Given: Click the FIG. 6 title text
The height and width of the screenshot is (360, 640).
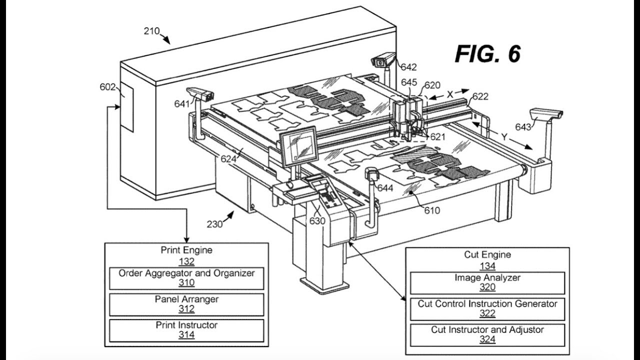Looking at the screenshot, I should [487, 53].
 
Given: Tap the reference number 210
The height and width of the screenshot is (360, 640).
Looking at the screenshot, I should [151, 31].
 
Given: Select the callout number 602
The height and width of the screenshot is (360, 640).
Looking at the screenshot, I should [107, 86].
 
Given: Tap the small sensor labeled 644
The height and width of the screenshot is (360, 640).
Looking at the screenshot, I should [371, 175].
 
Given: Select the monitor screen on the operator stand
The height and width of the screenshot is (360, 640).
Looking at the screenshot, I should [298, 146].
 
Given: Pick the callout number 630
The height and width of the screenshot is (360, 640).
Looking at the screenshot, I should [317, 220].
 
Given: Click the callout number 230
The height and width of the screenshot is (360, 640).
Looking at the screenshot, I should [215, 224].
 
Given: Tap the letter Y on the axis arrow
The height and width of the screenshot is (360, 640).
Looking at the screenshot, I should [504, 136].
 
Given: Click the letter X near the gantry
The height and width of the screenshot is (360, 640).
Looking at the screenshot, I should [450, 93].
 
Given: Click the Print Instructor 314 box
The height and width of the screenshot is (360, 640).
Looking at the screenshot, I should [186, 330].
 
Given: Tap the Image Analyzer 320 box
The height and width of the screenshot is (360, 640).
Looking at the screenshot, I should [487, 282].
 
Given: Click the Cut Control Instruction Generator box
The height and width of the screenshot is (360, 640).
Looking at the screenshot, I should [487, 308].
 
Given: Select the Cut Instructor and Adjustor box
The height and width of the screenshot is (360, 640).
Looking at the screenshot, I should [487, 334].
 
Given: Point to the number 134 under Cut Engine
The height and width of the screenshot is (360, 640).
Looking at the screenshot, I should [487, 266].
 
